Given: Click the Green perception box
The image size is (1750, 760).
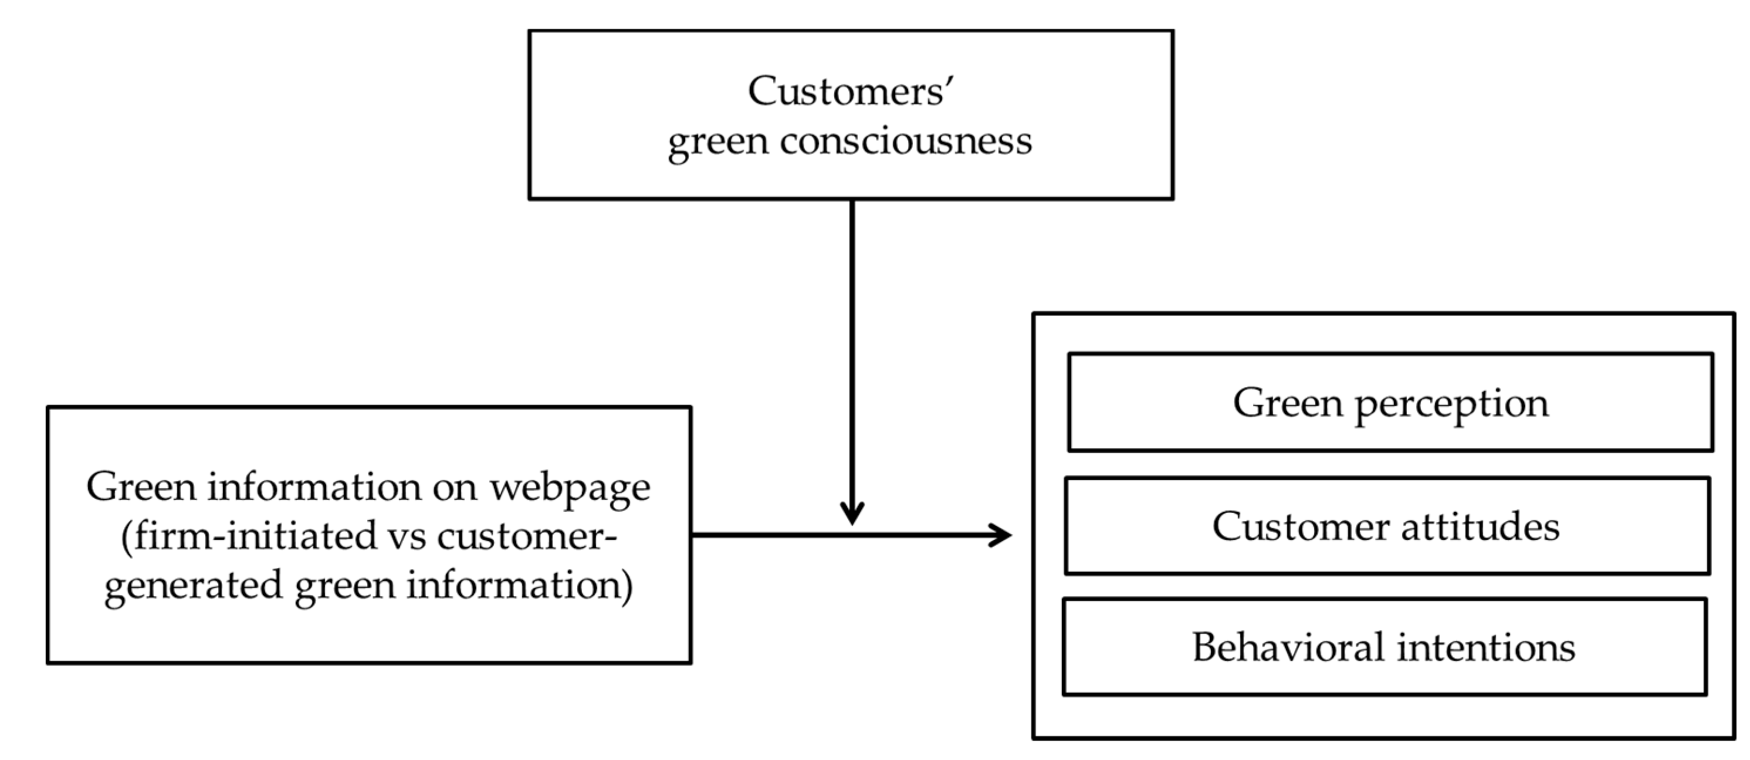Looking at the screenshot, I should [x=1390, y=403].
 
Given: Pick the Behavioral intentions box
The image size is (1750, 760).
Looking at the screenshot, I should [x=1384, y=647].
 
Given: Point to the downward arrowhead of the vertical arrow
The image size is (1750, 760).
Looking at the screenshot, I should [x=852, y=514].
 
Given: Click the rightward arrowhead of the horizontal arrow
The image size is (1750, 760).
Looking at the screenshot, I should [x=1001, y=535].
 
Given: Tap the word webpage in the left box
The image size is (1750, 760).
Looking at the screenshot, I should [x=570, y=488].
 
